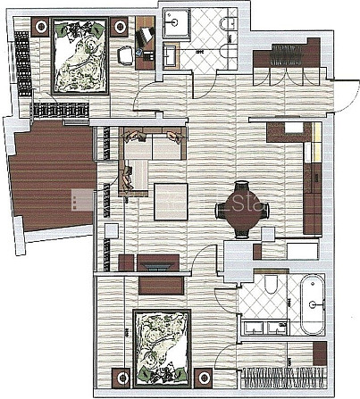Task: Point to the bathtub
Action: pos(311,305)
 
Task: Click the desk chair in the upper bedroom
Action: pos(126,56)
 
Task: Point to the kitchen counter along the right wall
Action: pos(312,179)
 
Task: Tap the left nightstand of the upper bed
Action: pos(40,29)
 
